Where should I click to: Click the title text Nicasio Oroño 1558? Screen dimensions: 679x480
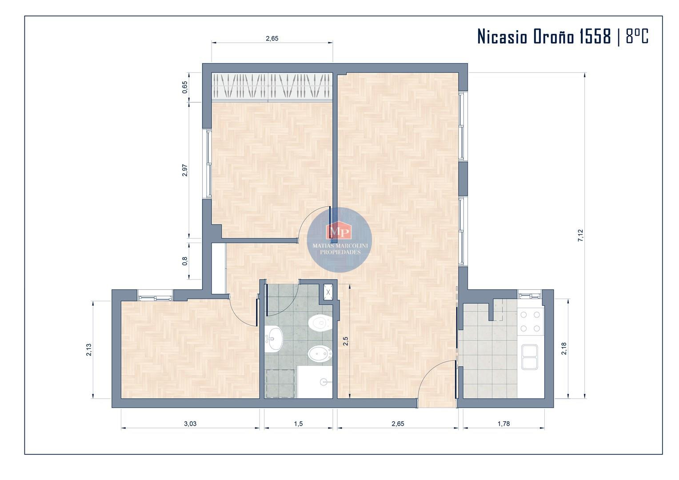point(544,36)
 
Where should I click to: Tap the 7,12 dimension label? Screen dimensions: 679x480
point(580,235)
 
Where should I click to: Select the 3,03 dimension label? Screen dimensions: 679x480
point(190,424)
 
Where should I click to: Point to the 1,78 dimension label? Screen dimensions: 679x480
point(503,424)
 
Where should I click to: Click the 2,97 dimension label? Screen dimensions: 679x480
point(184,170)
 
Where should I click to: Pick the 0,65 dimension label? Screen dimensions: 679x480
point(184,87)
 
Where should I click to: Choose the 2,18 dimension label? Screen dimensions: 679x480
point(564,348)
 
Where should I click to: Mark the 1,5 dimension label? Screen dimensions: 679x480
point(298,424)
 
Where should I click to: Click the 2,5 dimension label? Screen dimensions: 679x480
point(346,341)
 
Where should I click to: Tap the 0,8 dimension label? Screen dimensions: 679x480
point(184,261)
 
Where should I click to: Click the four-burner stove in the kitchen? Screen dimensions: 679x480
point(530,321)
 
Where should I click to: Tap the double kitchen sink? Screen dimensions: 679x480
point(530,357)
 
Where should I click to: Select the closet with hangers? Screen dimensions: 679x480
point(272,86)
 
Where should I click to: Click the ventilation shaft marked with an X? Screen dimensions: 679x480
point(328,292)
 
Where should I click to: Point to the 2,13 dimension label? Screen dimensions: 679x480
point(88,349)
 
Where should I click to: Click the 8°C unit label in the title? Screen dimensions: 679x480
point(637,36)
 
